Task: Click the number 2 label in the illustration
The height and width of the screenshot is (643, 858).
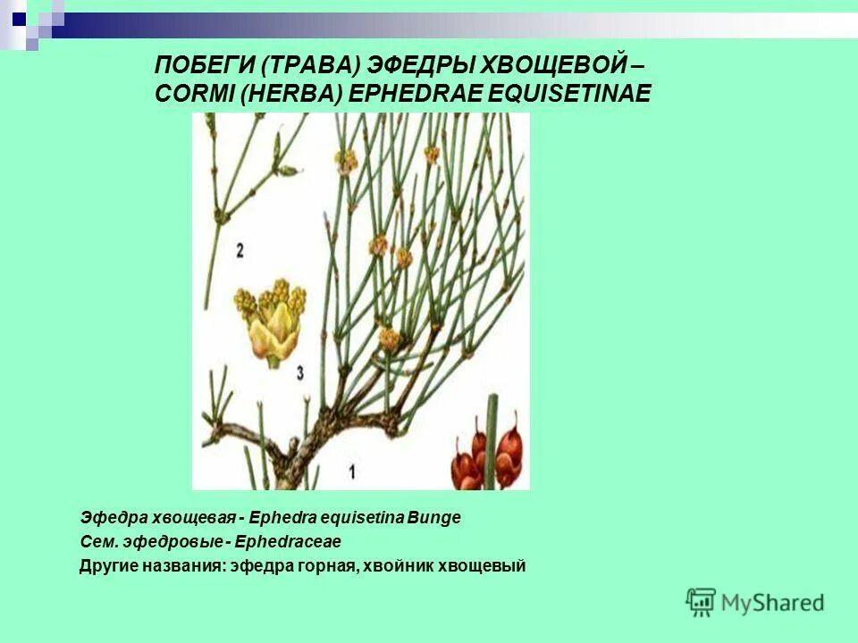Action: pos(240,251)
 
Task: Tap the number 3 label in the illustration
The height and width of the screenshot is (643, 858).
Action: pos(300,369)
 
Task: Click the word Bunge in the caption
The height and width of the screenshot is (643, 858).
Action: pos(435,518)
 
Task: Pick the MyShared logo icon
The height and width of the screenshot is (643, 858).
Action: pos(701,603)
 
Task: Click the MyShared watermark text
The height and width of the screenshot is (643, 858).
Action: pos(772,604)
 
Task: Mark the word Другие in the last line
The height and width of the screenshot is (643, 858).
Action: pos(106,566)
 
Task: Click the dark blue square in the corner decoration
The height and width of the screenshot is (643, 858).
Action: pos(19,17)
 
